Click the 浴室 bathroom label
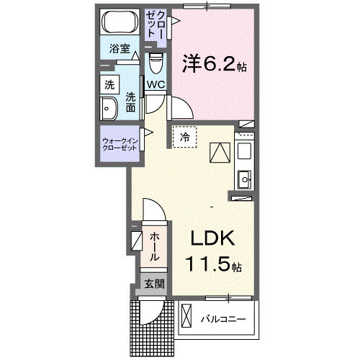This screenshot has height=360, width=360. point(120,50)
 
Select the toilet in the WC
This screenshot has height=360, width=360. point(156,66)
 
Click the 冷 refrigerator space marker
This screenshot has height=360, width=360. point(184,136)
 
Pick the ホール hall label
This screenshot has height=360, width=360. point(154,247)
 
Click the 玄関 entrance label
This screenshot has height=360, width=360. point(153,284)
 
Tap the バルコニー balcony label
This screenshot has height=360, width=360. point(223,318)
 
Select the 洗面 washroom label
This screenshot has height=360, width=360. point(130,102)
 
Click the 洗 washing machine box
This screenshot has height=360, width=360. point(109,84)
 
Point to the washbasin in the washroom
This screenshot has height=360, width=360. point(109,109)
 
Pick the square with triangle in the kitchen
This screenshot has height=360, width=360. point(218,153)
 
